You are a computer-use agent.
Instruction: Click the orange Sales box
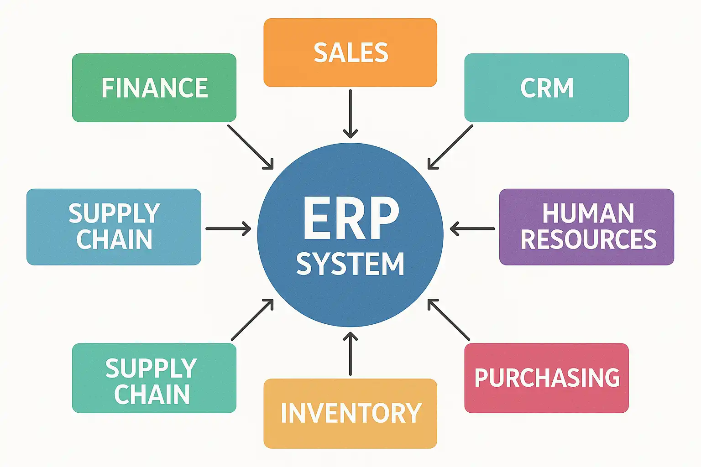pos(350,52)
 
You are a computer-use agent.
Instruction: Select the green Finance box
pos(154,88)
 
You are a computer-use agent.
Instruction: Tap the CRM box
pos(546,88)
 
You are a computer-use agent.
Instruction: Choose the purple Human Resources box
pos(586,227)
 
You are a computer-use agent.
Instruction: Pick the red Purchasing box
pos(546,378)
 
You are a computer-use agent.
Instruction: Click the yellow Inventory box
pos(350,413)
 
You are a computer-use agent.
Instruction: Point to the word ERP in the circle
pos(350,218)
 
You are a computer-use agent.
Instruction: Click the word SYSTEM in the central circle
pos(350,264)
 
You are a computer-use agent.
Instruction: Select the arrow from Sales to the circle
pos(350,114)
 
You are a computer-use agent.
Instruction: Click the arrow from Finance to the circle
pos(251,147)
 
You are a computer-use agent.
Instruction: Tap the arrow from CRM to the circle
pos(450,147)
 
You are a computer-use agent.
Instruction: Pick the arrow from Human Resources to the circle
pos(472,228)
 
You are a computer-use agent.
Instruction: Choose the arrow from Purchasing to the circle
pos(449,319)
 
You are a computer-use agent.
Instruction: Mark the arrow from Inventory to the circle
pos(350,354)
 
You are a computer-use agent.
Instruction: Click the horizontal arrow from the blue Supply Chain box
pos(228,228)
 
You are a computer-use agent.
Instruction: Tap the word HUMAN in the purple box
pos(588,213)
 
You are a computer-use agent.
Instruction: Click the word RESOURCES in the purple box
pos(588,239)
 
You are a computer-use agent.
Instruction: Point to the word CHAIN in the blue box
pos(114,239)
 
